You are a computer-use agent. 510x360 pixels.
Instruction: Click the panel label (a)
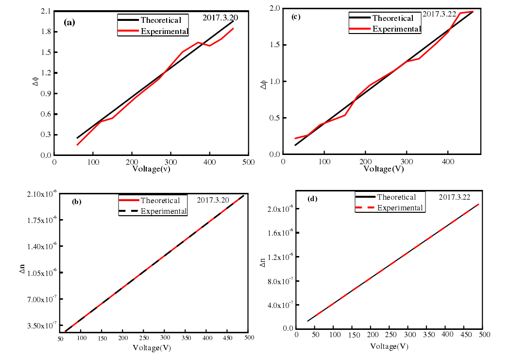69,22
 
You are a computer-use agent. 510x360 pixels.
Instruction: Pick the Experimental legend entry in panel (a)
164,32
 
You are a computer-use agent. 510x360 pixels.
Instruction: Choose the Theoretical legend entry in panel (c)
392,18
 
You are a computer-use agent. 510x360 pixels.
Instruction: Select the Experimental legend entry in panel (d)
400,208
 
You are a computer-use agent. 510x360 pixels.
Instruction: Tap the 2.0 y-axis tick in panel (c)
275,8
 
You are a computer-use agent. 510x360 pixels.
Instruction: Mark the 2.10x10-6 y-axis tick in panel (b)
39,194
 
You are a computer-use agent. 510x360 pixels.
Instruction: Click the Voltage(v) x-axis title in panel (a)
152,169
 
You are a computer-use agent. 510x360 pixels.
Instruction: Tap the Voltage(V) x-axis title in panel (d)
389,346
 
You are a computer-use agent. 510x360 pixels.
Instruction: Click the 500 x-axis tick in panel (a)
248,162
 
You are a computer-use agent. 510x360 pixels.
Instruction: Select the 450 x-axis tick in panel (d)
465,335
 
